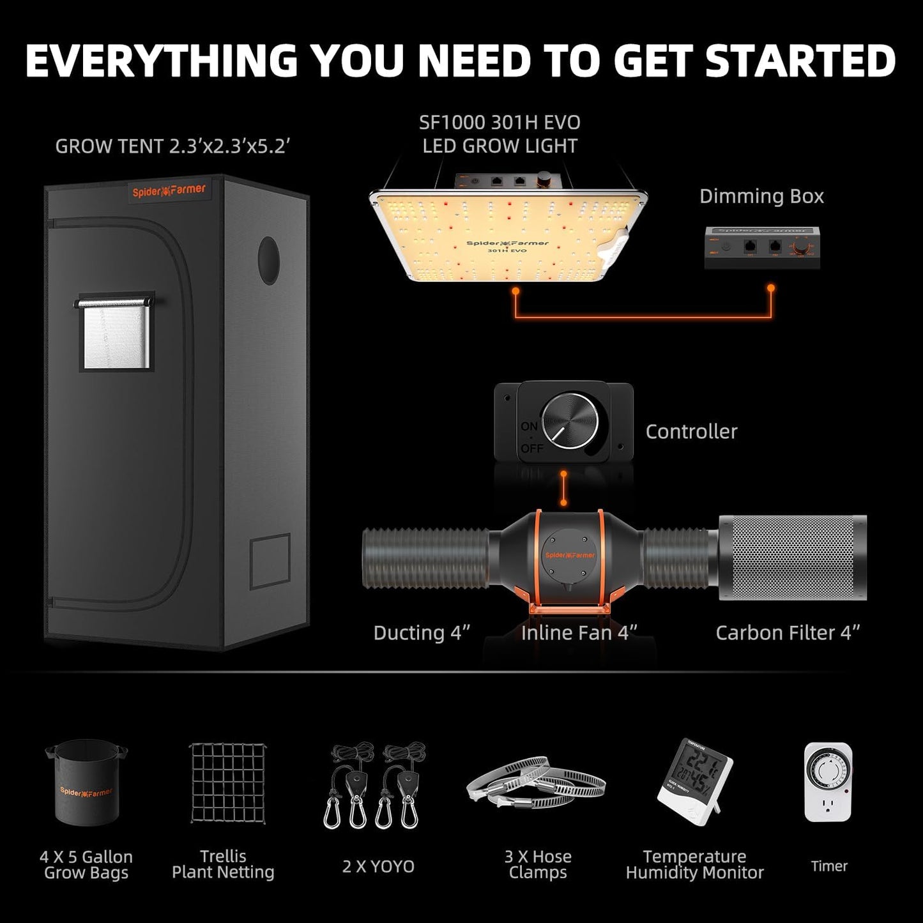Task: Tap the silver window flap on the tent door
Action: coord(116,335)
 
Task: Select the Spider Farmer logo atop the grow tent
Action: coord(169,191)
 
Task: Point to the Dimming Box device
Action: coord(762,248)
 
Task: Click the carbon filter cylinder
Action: coord(792,558)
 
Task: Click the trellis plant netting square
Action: coord(228,783)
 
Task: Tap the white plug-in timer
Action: coord(828,782)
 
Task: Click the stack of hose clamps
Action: coord(535,784)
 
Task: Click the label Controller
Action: coord(691,432)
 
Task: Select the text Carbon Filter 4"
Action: coord(788,633)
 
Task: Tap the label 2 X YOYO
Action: coord(378,867)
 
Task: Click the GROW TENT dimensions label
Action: coord(172,146)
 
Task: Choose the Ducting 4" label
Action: coord(422,633)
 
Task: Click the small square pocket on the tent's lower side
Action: coord(270,562)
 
